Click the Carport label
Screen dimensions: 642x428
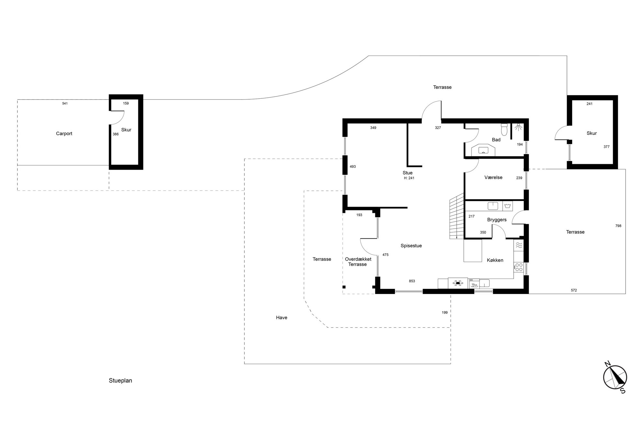coord(64,134)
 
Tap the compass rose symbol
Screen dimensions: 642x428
coord(615,377)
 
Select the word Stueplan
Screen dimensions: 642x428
coord(120,381)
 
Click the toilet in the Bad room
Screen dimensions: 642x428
coord(504,130)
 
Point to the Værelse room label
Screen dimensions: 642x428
coord(493,178)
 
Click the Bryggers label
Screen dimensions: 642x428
coord(497,220)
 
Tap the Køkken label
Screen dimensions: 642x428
coord(495,260)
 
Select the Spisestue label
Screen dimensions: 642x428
coord(411,246)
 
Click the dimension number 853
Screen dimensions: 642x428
coord(412,281)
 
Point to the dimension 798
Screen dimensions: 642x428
coord(618,226)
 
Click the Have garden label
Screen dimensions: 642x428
coord(282,318)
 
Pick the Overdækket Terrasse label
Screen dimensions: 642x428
coord(358,262)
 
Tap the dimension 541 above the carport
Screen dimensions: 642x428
coord(65,104)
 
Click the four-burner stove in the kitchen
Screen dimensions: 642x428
coord(519,267)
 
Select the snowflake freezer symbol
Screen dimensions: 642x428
coord(458,283)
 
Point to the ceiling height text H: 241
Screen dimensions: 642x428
coord(409,178)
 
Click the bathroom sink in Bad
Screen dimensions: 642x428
coord(483,150)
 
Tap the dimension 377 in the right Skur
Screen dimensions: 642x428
coord(606,147)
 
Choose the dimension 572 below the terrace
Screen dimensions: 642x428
coord(574,291)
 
